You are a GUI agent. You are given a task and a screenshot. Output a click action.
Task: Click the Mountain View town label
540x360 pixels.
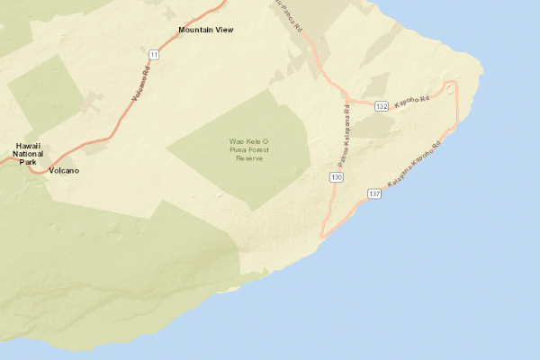205,30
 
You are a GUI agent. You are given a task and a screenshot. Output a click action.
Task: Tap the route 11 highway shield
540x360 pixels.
155,55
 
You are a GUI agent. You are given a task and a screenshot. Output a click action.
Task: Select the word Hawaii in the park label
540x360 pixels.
29,145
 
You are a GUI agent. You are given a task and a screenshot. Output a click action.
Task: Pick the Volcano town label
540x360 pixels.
65,170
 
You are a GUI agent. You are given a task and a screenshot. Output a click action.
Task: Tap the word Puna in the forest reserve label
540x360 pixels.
239,150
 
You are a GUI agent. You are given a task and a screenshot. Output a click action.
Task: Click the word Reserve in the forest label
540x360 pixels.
247,158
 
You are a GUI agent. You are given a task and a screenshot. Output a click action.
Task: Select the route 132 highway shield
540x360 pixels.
382,106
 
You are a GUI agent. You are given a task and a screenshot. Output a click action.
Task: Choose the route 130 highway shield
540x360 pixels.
336,178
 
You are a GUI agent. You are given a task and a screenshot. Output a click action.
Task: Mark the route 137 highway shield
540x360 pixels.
375,194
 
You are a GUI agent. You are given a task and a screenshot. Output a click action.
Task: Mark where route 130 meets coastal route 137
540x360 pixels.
321,238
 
